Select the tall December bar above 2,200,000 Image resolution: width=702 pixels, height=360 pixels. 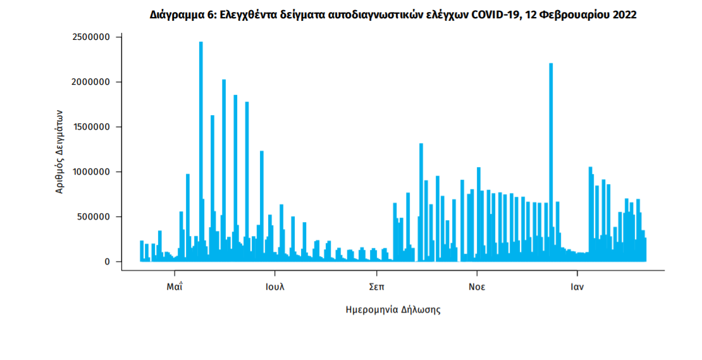coord(551,158)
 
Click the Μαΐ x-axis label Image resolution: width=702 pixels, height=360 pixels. coord(175,286)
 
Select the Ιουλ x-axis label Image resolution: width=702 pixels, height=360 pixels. coord(275,286)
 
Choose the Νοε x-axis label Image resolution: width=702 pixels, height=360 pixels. coord(477,286)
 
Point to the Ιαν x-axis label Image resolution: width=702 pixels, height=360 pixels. coord(577,286)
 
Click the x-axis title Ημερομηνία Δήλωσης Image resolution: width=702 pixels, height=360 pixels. coord(393,310)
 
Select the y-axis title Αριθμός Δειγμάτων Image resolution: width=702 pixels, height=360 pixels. coord(59,151)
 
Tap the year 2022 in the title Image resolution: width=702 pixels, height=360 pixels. coord(623,15)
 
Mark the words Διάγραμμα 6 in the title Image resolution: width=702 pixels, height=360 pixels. coord(180,15)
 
